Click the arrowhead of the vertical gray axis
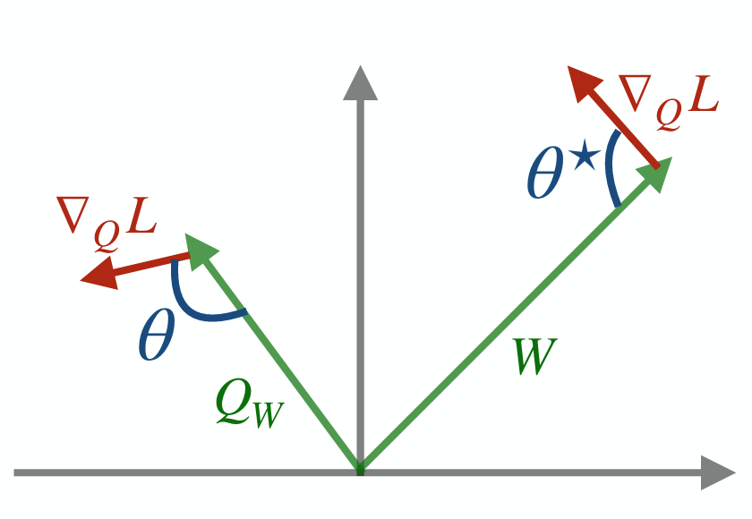click(360, 84)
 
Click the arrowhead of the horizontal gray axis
click(718, 472)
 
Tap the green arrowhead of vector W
click(656, 174)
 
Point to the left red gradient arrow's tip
click(81, 280)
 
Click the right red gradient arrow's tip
click(568, 67)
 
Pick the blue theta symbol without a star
click(157, 334)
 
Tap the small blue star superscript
click(586, 159)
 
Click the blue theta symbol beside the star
click(545, 172)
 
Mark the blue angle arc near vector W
click(611, 167)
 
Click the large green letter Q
click(235, 402)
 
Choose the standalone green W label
click(535, 356)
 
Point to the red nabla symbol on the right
click(635, 93)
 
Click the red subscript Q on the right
click(669, 115)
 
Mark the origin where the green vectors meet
click(360, 471)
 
